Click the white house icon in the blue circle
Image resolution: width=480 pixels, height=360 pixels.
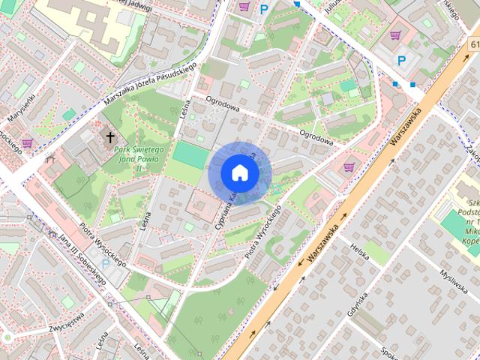tap(239, 172)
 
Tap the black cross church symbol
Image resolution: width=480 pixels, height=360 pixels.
tap(111, 137)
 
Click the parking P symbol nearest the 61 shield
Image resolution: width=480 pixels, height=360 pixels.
tap(402, 61)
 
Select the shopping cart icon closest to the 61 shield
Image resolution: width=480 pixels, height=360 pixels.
tap(395, 34)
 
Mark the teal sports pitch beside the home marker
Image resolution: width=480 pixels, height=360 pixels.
tap(190, 155)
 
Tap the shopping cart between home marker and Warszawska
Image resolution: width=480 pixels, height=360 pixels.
tap(348, 166)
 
